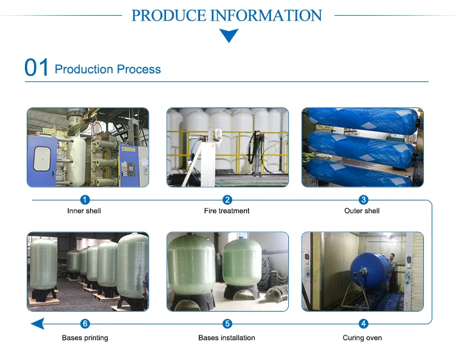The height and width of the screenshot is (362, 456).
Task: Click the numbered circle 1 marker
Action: coord(85,200)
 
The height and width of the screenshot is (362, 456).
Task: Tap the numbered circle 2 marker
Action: coord(227,200)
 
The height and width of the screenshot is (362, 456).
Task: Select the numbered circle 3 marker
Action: coord(364,200)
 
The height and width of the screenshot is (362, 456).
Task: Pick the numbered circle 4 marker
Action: coord(364,324)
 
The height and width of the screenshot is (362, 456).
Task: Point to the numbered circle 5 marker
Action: coord(227,324)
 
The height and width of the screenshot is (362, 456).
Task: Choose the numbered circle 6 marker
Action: coord(85,324)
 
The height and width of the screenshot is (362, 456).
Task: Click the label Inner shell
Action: coord(84,211)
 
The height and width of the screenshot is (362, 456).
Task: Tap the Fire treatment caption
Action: coord(227,211)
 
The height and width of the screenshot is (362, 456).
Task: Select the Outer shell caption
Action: coord(362,211)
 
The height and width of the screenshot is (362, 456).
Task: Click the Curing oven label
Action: coord(362,338)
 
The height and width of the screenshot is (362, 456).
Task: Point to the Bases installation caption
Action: coord(227,338)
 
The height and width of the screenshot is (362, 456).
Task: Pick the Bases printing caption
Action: coord(85,338)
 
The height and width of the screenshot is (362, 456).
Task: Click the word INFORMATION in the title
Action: coord(266,15)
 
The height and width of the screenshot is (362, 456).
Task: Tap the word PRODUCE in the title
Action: coord(168,15)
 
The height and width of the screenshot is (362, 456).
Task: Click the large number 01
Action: coord(36,68)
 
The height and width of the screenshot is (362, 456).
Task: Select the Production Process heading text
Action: coord(108,69)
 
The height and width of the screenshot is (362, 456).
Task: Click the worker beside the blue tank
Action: coord(393,271)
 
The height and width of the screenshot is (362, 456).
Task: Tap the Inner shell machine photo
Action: coord(88,148)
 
